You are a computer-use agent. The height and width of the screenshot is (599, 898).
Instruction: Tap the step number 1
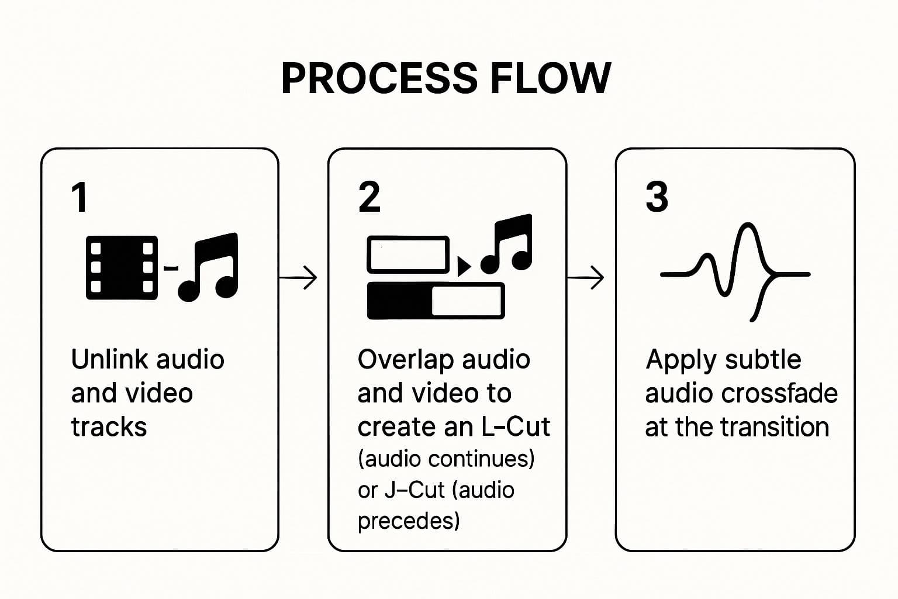tap(80, 197)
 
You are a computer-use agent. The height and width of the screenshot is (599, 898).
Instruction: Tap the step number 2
tap(369, 197)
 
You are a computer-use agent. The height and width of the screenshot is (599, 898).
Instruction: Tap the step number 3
tap(657, 197)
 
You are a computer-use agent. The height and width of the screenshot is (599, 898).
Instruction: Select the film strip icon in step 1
tap(122, 267)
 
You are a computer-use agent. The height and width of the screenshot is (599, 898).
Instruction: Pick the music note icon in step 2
tap(507, 244)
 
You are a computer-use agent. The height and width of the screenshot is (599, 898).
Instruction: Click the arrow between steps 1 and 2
tap(298, 277)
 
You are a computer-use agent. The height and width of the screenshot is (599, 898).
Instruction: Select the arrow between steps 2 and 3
tap(586, 277)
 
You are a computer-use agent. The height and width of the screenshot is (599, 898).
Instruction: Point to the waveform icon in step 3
tap(735, 273)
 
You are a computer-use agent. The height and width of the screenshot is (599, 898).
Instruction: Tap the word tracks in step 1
tap(109, 427)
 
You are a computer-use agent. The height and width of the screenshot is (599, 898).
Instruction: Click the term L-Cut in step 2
tap(515, 427)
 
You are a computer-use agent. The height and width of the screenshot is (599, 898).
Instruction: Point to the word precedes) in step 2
tap(409, 521)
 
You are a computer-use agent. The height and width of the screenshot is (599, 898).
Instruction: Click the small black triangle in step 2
tap(463, 267)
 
